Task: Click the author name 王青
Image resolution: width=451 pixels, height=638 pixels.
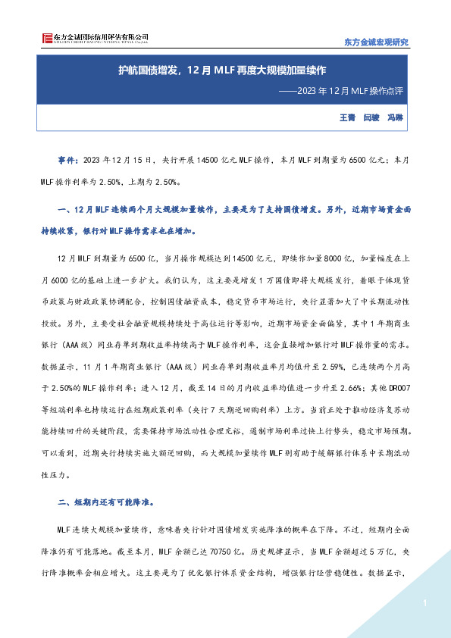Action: (346, 118)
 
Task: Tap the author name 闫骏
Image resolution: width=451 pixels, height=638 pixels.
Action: (371, 118)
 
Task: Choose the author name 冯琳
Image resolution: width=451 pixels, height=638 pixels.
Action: (396, 118)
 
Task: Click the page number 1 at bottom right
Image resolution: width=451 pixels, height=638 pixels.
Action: (426, 603)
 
